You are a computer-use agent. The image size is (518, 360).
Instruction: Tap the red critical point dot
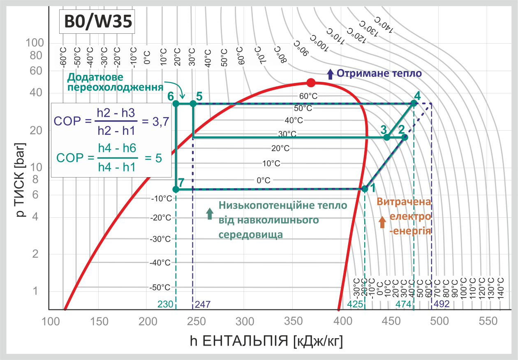point(311,83)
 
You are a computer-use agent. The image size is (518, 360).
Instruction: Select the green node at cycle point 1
point(365,189)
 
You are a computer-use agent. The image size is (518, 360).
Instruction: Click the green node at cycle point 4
point(414,104)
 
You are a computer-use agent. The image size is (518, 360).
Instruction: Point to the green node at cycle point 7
point(176,189)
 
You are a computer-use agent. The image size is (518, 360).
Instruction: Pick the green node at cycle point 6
point(176,104)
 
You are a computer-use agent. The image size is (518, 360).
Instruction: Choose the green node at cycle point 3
point(386,137)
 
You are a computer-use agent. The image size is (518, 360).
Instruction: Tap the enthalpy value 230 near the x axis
point(165,304)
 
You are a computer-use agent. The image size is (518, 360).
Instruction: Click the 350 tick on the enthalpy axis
point(293,321)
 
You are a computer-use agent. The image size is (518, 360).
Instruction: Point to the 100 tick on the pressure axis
point(35,43)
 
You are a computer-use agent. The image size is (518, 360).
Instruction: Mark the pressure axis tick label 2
point(35,254)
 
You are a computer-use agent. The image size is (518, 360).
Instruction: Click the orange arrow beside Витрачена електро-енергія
point(382,222)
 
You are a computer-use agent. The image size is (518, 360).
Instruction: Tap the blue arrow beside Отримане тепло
point(330,74)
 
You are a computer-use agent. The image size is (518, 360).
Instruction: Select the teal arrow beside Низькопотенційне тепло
point(210,213)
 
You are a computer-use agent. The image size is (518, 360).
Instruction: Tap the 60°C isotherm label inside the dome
point(308,96)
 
